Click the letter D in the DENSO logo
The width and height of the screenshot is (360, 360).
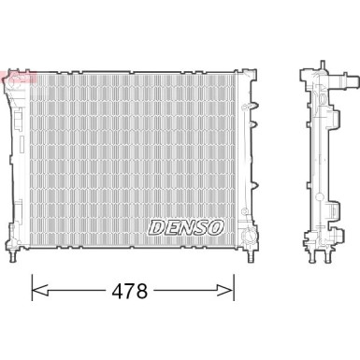click(x=157, y=226)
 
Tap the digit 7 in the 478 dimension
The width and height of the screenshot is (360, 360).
click(x=134, y=291)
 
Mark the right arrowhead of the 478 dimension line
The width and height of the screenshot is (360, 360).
click(x=231, y=290)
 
